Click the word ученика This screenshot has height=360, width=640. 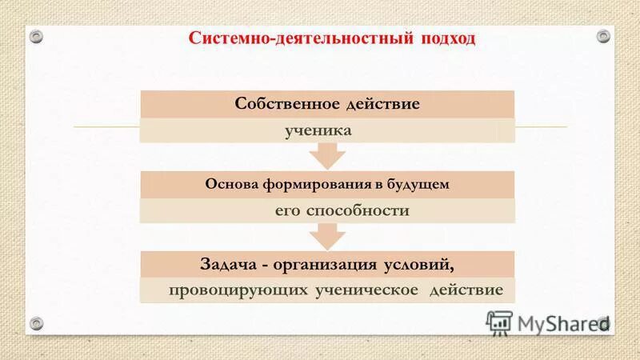[x=318, y=130]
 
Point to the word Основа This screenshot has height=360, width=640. [x=231, y=184]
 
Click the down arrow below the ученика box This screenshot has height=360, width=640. [x=327, y=155]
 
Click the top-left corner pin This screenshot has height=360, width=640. [x=36, y=35]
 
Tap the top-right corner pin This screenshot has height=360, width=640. [x=602, y=35]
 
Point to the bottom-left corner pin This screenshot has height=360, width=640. [x=36, y=323]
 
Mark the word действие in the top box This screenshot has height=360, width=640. [x=382, y=104]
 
